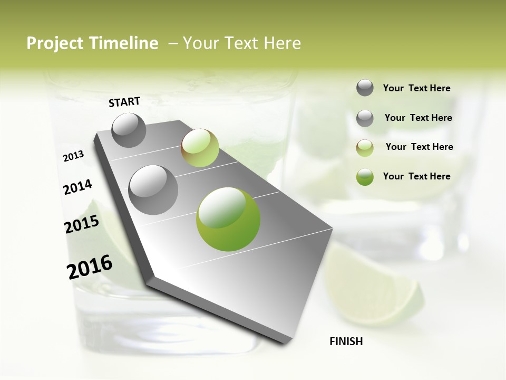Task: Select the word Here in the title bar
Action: [x=282, y=44]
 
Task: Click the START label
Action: [x=124, y=102]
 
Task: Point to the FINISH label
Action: [x=346, y=341]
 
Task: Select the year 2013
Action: [x=74, y=156]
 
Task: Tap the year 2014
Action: [x=77, y=187]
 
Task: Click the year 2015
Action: [x=82, y=224]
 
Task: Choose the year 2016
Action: [x=90, y=267]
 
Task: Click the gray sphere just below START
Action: [x=129, y=130]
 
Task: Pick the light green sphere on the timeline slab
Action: [x=200, y=148]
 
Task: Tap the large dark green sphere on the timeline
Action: [x=228, y=219]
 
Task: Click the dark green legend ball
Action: [x=365, y=177]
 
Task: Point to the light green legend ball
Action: [x=365, y=148]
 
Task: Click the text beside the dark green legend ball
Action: [x=416, y=176]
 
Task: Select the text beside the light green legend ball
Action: [x=419, y=147]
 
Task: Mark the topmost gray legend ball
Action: [x=365, y=88]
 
